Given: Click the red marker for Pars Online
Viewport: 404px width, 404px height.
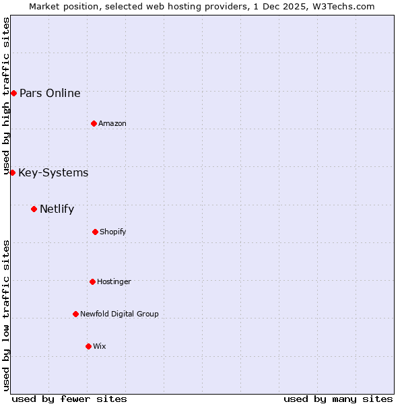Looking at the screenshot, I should coord(13,93).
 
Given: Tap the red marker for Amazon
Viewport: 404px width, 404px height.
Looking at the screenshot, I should coord(94,123).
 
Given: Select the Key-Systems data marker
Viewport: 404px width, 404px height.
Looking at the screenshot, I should coord(12,173).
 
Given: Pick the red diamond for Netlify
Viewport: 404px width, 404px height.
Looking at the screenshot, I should coord(34,209).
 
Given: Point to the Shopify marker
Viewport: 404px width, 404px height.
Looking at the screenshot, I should coord(95,232).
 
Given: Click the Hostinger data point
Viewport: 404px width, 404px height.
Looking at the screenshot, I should coord(92,281).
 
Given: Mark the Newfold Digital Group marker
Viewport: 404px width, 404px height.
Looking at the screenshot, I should coord(75,314).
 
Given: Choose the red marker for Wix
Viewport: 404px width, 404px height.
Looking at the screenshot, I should coord(88,346).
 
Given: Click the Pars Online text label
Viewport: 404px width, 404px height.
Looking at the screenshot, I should coord(50,93).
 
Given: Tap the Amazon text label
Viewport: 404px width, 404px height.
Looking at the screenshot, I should coord(112,123).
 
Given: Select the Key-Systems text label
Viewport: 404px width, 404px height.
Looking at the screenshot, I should coord(53,173).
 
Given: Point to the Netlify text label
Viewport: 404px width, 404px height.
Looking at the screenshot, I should coord(57,209).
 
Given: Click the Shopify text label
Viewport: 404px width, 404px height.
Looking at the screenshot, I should coord(112,232).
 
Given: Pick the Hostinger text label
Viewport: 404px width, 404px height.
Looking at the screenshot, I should coord(114,281).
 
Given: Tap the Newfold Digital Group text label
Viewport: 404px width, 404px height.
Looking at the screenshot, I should coord(119,314).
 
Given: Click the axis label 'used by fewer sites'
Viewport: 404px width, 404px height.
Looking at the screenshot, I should coord(69,399).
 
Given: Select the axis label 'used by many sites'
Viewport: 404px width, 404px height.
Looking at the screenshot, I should coord(338,399).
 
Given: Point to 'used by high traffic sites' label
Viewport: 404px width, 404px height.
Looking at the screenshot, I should coord(6,96).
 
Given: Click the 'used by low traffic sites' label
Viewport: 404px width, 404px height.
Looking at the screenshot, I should coord(6,315).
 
